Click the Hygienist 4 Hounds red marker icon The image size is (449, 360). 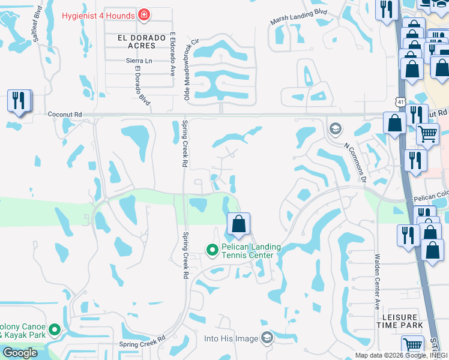(x=143, y=14)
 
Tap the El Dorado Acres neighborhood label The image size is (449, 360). (x=142, y=41)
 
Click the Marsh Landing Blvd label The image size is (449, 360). (x=298, y=23)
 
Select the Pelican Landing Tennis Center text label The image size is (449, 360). (x=248, y=251)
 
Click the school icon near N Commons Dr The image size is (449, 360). (x=335, y=128)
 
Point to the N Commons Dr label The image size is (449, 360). (x=355, y=160)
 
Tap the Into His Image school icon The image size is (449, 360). (x=267, y=338)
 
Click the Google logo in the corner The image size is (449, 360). (x=20, y=353)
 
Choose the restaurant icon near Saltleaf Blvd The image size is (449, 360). (x=18, y=100)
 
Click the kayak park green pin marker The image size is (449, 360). (x=55, y=329)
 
